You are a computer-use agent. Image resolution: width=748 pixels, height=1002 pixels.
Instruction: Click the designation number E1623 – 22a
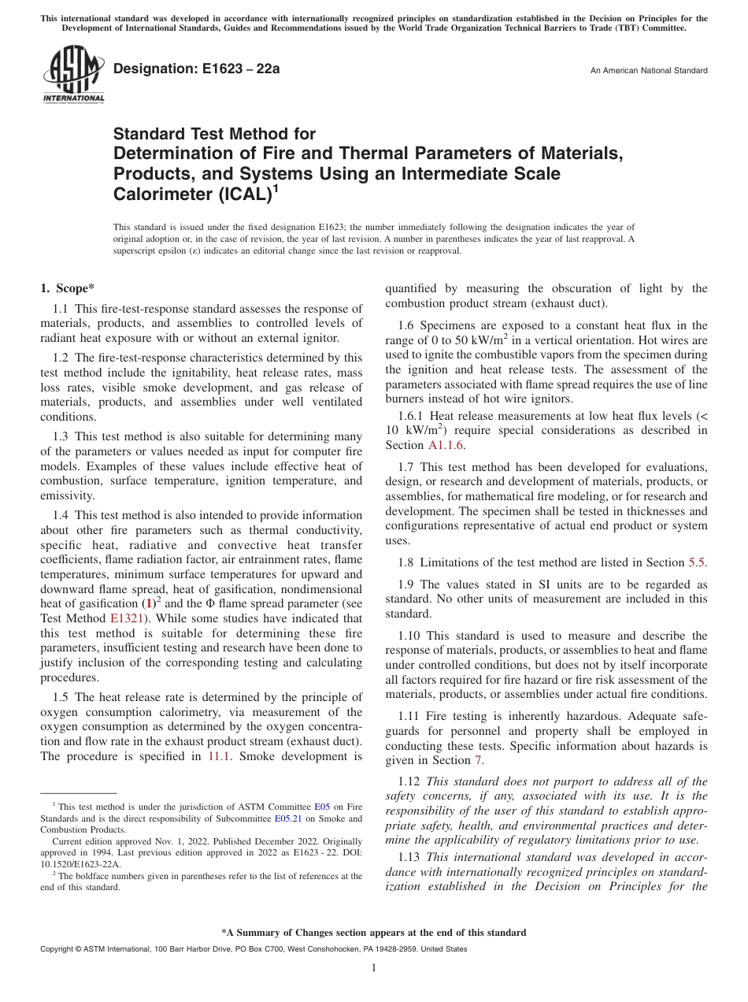tap(196, 69)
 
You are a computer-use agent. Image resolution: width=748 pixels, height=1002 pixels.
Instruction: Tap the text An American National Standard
tap(648, 71)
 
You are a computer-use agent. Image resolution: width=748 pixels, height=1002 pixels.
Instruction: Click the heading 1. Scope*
tap(68, 288)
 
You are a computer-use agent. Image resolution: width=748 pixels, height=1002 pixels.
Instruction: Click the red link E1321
tap(125, 618)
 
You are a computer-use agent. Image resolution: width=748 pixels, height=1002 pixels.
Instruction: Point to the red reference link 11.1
tap(219, 756)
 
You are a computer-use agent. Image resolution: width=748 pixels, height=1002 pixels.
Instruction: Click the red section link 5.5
tap(698, 562)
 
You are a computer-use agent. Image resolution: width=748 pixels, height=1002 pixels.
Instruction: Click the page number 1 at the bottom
tap(374, 968)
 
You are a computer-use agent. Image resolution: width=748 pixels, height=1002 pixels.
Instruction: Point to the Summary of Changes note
tap(374, 933)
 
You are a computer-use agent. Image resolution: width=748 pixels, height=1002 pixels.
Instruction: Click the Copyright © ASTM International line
tap(253, 949)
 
